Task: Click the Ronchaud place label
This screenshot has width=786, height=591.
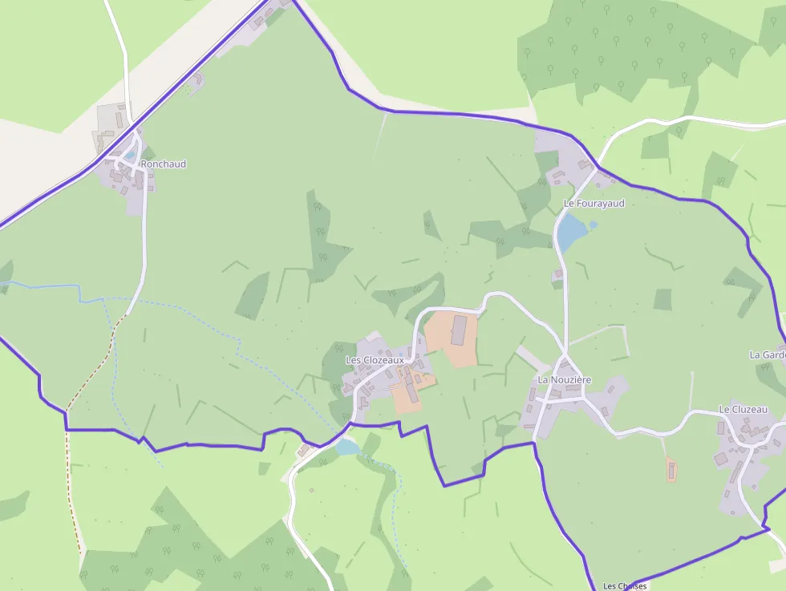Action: (x=163, y=164)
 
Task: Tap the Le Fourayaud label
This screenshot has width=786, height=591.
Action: (x=594, y=204)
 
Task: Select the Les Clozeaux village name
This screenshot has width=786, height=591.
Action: (x=375, y=361)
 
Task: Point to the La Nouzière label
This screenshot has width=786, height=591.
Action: (x=564, y=379)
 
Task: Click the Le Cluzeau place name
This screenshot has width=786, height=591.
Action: (x=743, y=410)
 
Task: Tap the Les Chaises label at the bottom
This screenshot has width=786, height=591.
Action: (x=625, y=586)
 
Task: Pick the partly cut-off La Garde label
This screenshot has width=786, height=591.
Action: (x=768, y=354)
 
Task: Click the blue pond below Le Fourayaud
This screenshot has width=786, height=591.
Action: (x=572, y=233)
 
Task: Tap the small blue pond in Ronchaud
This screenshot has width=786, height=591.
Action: (x=129, y=155)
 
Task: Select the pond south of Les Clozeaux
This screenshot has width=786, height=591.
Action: (x=347, y=447)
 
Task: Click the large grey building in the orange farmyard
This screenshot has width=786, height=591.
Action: (x=459, y=330)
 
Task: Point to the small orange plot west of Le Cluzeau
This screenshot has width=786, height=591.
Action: (x=671, y=469)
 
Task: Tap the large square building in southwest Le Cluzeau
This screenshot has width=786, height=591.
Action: (x=720, y=459)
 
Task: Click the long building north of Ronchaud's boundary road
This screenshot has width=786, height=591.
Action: (x=119, y=119)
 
